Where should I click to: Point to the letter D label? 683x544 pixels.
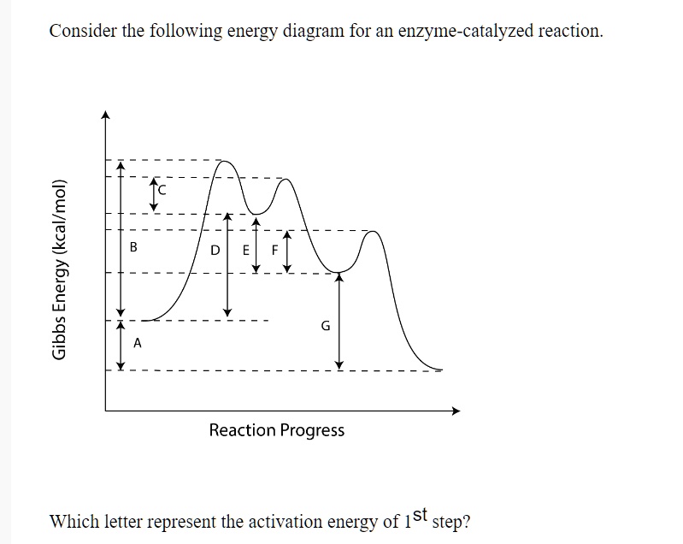click(x=215, y=251)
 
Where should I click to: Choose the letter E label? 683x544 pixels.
click(x=246, y=251)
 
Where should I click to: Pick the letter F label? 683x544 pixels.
click(x=274, y=251)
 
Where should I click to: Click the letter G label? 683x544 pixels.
click(x=325, y=326)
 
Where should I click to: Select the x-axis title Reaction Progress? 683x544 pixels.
click(x=277, y=430)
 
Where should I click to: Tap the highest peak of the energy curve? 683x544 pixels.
click(x=224, y=162)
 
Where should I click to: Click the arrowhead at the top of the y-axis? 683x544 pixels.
click(x=106, y=115)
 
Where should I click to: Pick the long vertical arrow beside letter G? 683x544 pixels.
click(x=339, y=321)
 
